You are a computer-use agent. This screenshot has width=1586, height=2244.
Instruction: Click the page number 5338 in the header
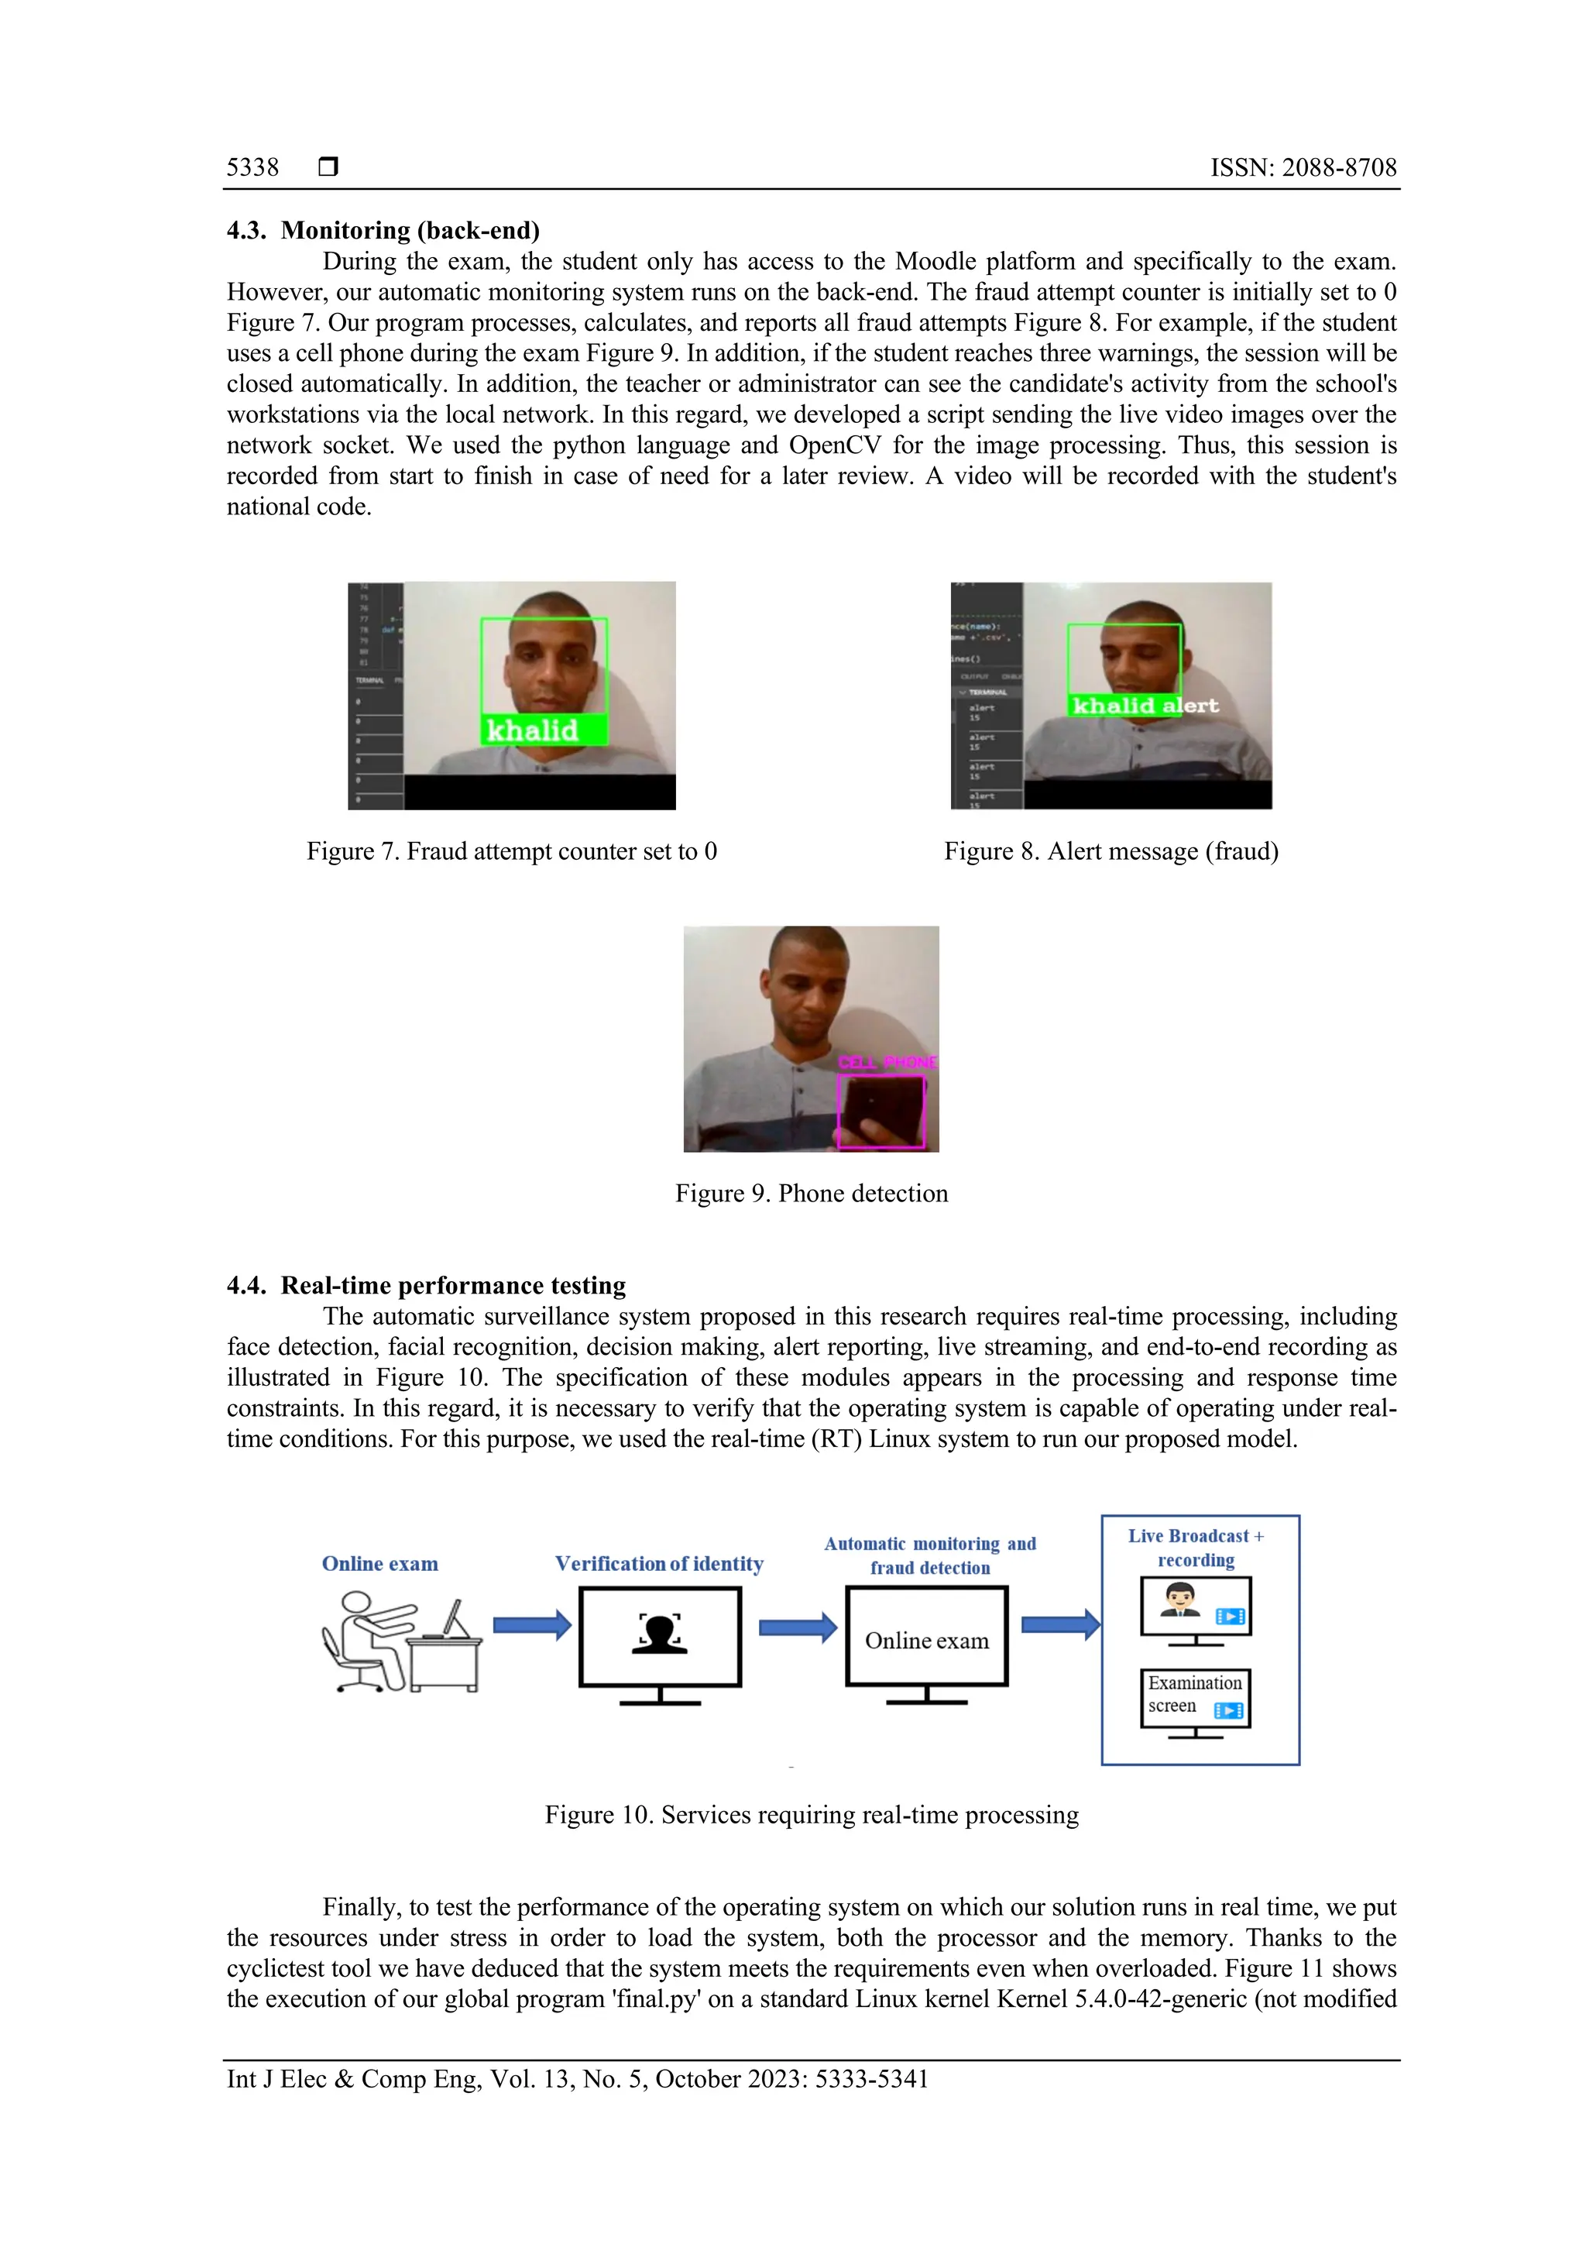coord(252,167)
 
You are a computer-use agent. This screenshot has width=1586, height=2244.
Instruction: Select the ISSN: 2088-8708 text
coord(1303,167)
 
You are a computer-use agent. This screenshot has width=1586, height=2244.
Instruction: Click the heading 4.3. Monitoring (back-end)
coord(383,230)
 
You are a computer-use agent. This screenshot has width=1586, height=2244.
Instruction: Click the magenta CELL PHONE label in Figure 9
coord(887,1063)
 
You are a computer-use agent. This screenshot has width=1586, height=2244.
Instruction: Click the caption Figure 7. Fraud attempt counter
coord(511,851)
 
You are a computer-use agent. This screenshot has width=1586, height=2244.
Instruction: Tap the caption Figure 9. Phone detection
coord(811,1194)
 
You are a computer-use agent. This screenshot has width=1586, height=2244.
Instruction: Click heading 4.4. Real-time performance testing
coord(426,1285)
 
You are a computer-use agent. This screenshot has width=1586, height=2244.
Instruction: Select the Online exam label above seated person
coord(380,1564)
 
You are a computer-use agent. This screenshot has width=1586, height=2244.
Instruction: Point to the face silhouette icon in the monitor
coord(660,1634)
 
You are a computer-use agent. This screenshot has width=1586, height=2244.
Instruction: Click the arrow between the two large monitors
coord(798,1627)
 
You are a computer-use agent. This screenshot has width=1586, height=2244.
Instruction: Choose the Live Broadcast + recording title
coord(1196,1548)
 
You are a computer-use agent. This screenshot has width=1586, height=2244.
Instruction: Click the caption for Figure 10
coord(811,1815)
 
